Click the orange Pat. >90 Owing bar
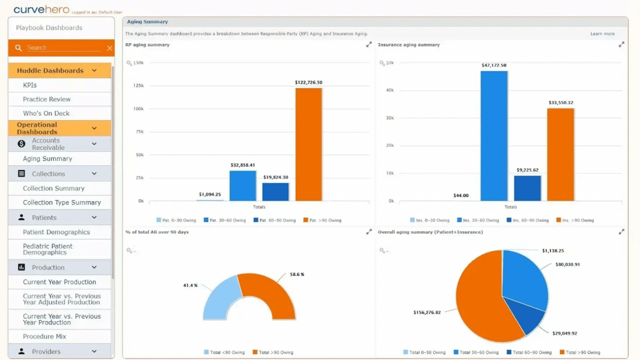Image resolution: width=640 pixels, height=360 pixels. click(309, 144)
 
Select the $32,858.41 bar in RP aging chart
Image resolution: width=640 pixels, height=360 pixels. click(242, 186)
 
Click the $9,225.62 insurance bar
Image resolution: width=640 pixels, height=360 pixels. click(527, 188)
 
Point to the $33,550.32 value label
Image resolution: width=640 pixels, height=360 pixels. click(561, 102)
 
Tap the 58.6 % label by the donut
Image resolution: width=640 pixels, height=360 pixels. click(297, 274)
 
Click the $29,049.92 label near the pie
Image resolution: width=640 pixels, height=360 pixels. click(564, 333)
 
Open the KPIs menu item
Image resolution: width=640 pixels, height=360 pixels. click(30, 85)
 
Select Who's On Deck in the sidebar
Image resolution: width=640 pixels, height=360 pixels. click(46, 113)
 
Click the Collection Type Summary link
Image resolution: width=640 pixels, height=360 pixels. click(62, 202)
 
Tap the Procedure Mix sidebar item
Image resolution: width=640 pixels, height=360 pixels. click(44, 336)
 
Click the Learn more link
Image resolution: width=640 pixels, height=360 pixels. click(602, 34)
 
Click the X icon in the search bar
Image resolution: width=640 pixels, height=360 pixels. click(109, 48)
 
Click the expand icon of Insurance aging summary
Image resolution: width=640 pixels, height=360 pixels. click(621, 44)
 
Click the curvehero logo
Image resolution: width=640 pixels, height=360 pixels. click(41, 9)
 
